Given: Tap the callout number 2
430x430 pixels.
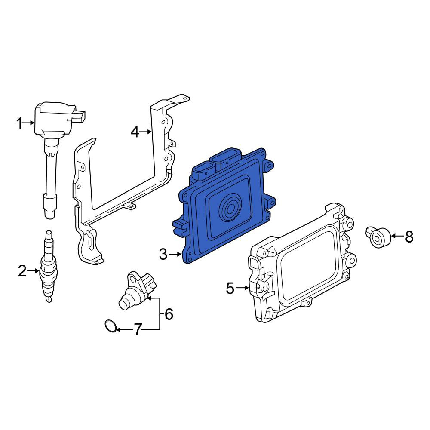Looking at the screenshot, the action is click(22, 271).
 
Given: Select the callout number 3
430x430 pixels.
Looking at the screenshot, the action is click(163, 255).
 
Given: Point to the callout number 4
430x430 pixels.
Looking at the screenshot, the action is click(135, 132).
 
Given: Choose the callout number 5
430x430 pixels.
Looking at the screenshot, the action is click(230, 288).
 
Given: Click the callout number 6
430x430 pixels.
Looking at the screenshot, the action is click(169, 314).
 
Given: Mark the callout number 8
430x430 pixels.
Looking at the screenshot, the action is click(409, 236).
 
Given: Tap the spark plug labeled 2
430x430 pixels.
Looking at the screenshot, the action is click(49, 267).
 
